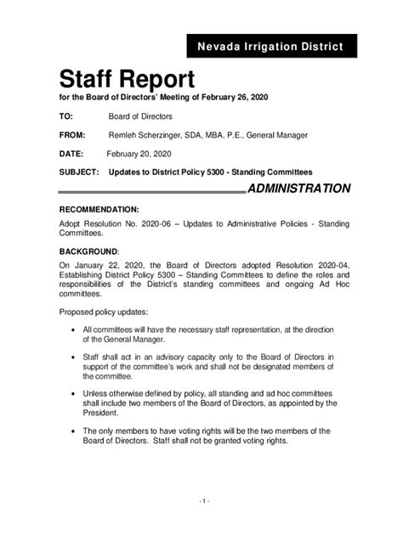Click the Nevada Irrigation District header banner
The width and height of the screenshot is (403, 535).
coord(271,46)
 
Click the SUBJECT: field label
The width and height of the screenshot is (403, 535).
coord(80,172)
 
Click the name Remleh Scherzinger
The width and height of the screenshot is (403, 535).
coord(149,135)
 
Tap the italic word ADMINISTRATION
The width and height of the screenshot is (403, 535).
coord(298,189)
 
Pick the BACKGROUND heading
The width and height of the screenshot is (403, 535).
coord(88,251)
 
